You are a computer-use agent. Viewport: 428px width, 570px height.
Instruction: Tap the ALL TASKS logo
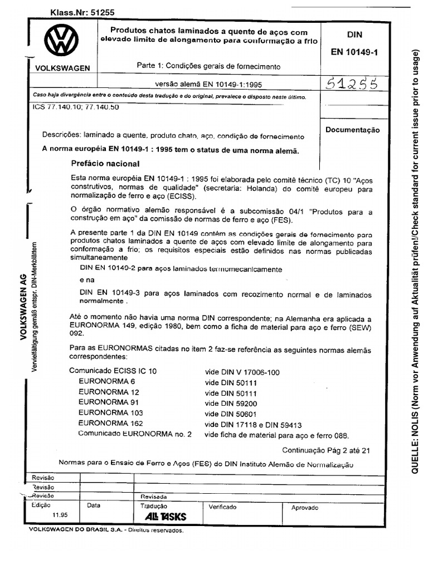[x=166, y=517]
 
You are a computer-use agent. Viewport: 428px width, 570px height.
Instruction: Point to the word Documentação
[x=352, y=130]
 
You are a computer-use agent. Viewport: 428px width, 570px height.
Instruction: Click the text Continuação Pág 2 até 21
[x=325, y=451]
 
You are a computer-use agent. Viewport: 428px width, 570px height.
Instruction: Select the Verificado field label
[x=222, y=507]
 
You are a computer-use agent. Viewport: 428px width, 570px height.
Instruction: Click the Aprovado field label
[x=305, y=508]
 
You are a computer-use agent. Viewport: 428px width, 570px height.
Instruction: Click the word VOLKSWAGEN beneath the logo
[x=62, y=67]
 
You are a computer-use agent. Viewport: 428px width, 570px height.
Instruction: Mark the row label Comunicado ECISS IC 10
[x=113, y=371]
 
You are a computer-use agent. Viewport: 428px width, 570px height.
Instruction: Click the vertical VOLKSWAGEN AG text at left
[x=25, y=312]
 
